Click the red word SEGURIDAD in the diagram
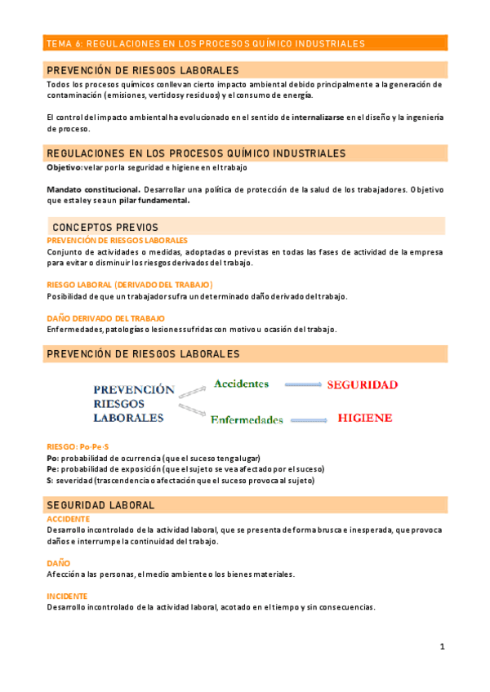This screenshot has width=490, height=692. point(362,384)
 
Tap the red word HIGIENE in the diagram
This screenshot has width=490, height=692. point(364,418)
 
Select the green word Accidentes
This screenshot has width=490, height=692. point(241,384)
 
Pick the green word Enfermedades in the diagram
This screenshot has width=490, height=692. point(247,420)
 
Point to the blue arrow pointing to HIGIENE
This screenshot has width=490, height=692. point(311,419)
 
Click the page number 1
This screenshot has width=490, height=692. point(442,646)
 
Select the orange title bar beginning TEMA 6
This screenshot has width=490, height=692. point(245,43)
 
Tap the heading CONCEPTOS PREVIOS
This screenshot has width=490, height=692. point(105,226)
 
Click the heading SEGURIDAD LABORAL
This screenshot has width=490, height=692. point(100,505)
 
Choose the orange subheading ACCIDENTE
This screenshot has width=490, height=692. point(69,519)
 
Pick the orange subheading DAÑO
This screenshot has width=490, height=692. point(59,563)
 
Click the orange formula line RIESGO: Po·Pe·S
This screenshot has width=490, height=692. point(78,447)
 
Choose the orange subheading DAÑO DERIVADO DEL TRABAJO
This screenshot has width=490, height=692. point(106,318)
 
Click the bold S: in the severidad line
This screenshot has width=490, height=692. point(51,481)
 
